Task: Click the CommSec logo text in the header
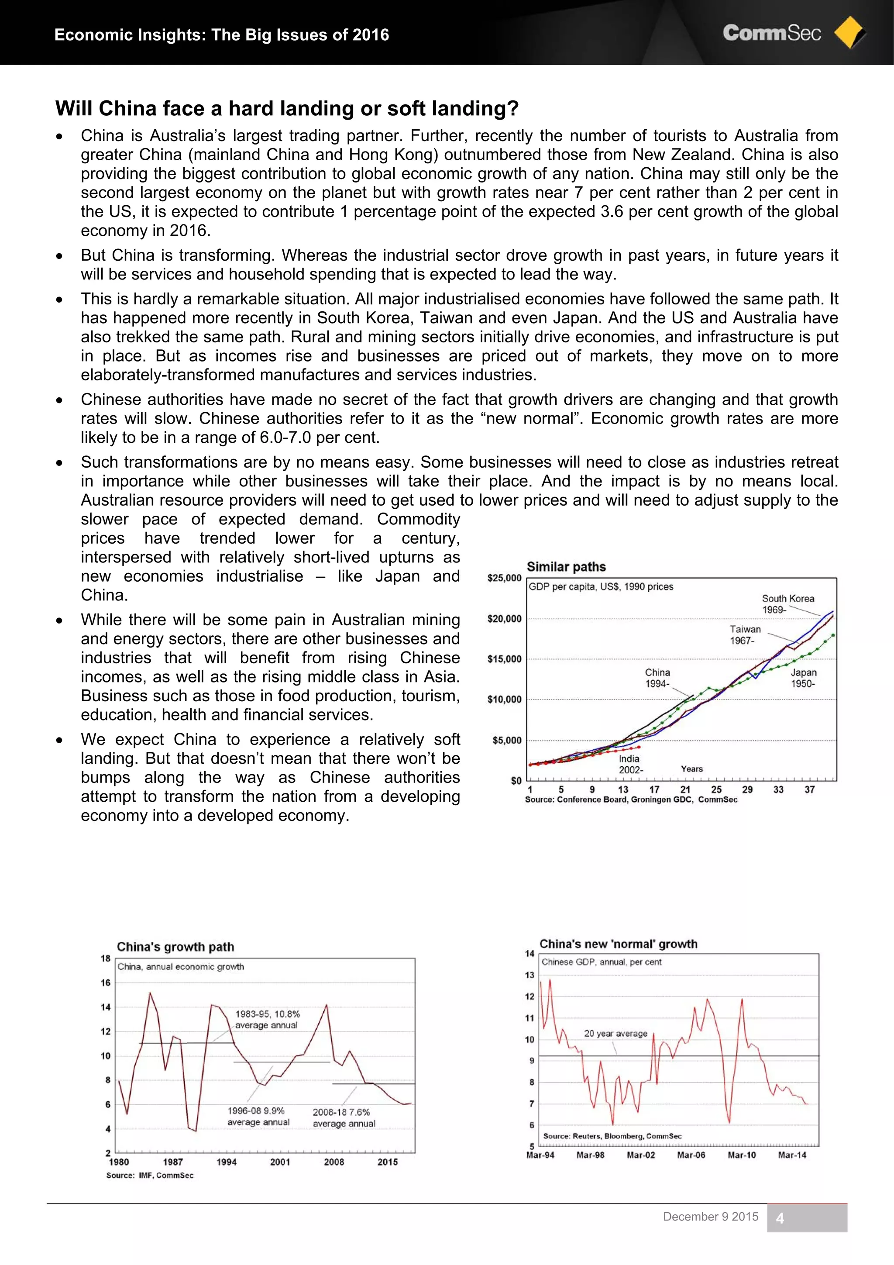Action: (771, 33)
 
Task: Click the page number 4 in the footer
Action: (780, 1218)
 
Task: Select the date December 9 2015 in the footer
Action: (711, 1217)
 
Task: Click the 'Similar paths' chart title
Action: (566, 567)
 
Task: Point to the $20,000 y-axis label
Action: (504, 619)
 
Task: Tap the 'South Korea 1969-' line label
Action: (787, 604)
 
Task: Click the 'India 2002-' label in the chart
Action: (629, 764)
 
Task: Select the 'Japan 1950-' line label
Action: (803, 678)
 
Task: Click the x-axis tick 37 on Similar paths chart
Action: (809, 789)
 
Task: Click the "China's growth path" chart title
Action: (175, 947)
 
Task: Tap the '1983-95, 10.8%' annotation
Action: (267, 1014)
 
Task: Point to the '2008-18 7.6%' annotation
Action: (341, 1112)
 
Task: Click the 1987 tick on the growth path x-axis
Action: (172, 1162)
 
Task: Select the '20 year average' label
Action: (615, 1033)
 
